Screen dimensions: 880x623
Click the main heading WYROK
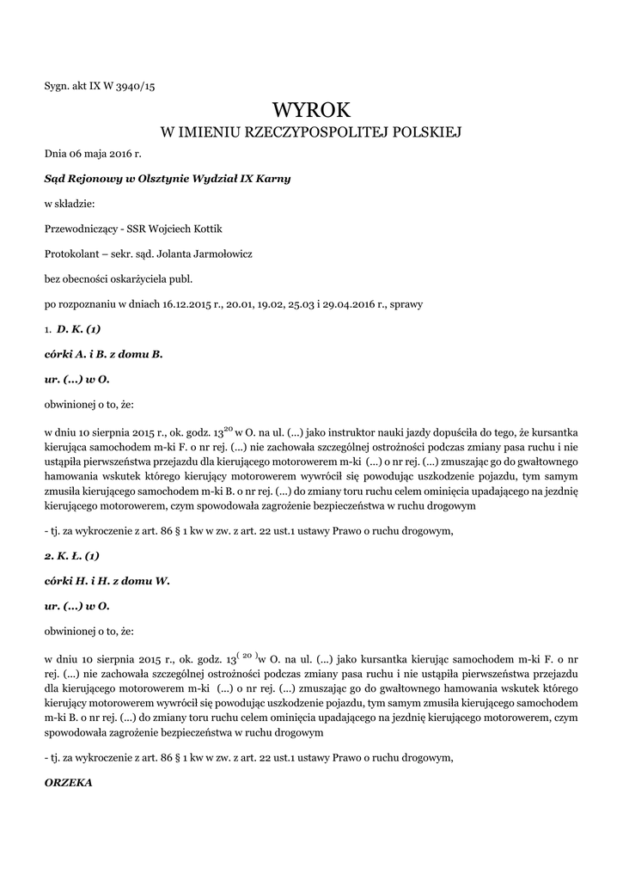click(x=312, y=109)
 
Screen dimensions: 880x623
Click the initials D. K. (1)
click(x=79, y=328)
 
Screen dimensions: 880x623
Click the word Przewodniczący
click(x=79, y=229)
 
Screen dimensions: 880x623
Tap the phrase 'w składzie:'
click(x=70, y=204)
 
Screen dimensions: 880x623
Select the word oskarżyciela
click(x=143, y=278)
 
